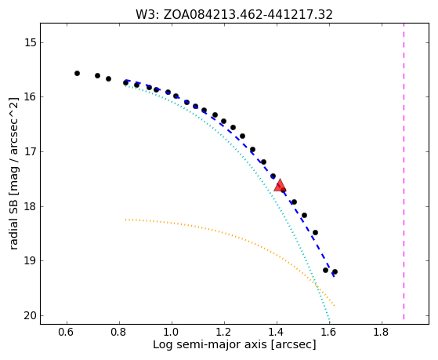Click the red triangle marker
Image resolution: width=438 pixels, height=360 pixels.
280,185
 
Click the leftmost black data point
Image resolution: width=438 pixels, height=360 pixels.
77,73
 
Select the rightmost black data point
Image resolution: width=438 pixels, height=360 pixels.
335,271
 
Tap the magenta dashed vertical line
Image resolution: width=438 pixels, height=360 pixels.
404,171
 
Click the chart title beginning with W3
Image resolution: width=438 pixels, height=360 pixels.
234,15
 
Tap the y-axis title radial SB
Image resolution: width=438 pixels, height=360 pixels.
14,173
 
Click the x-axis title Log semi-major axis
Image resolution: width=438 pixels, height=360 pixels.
234,345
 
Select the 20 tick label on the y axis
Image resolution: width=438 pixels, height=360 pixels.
30,316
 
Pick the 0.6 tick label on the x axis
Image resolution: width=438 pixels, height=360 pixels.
67,332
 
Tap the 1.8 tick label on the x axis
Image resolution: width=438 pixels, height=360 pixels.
382,332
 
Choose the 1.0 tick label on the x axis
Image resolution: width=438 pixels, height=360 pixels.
172,332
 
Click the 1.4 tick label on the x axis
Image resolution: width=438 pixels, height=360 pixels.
277,332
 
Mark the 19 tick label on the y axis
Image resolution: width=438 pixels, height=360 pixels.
30,261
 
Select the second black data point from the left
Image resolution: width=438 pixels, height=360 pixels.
97,75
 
